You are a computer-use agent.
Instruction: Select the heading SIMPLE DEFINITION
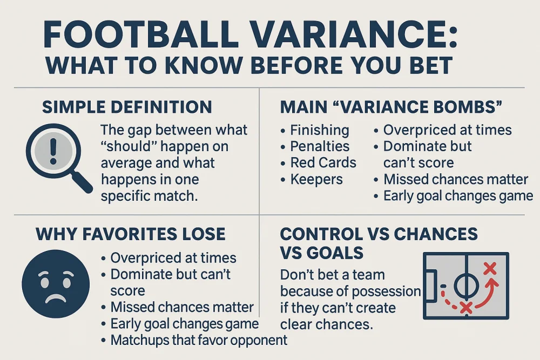tap(127, 107)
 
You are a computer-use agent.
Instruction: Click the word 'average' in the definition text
tap(127, 162)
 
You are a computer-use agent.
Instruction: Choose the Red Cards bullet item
tap(323, 162)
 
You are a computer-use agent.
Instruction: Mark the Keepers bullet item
tap(316, 179)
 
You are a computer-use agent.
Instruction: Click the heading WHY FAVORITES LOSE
tap(130, 234)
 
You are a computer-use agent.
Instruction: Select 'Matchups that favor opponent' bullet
tap(199, 340)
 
